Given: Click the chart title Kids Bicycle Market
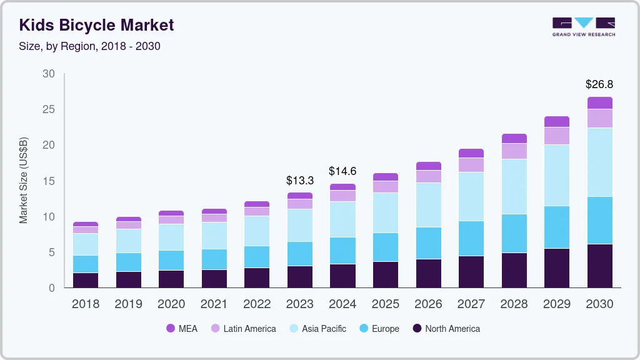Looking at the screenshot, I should point(96,25).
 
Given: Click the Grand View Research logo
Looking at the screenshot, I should point(583,26).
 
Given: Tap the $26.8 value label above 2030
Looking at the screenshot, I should point(599,84).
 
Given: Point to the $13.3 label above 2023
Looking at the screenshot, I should point(299,180).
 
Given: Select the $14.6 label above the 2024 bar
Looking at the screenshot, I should point(342,171).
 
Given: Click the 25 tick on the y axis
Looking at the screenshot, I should point(48,109).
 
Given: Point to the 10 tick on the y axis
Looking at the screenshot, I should point(48,217).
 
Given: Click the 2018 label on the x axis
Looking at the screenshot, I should point(85,304).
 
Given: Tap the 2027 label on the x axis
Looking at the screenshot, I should point(471,304).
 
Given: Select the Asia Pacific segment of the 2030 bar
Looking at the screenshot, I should point(599,162).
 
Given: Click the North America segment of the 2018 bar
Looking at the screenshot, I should point(85,280).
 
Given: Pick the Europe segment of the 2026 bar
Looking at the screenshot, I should point(428,243).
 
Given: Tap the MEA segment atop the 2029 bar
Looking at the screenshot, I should point(557,121).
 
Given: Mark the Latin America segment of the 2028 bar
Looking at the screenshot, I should point(514,151).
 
